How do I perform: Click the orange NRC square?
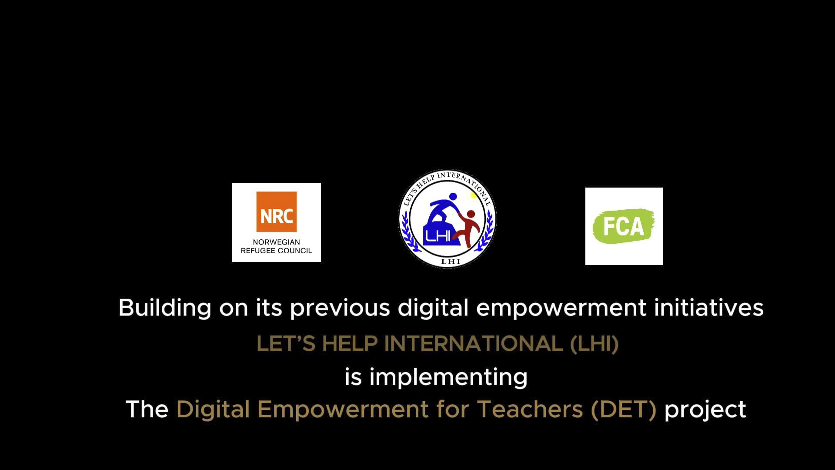(277, 212)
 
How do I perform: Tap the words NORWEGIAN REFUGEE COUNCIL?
(277, 246)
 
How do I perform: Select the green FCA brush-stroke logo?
(624, 226)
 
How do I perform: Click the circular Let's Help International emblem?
(448, 218)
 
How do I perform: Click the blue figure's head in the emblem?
(453, 197)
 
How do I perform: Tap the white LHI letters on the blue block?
(438, 236)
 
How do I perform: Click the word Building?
(165, 308)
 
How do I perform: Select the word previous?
(340, 308)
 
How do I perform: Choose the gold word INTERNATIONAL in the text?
(474, 344)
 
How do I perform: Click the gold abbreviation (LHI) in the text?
(594, 344)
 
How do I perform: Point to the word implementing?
(448, 377)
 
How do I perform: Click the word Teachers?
(530, 409)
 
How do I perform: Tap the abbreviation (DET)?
(624, 410)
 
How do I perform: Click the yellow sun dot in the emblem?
(474, 195)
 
